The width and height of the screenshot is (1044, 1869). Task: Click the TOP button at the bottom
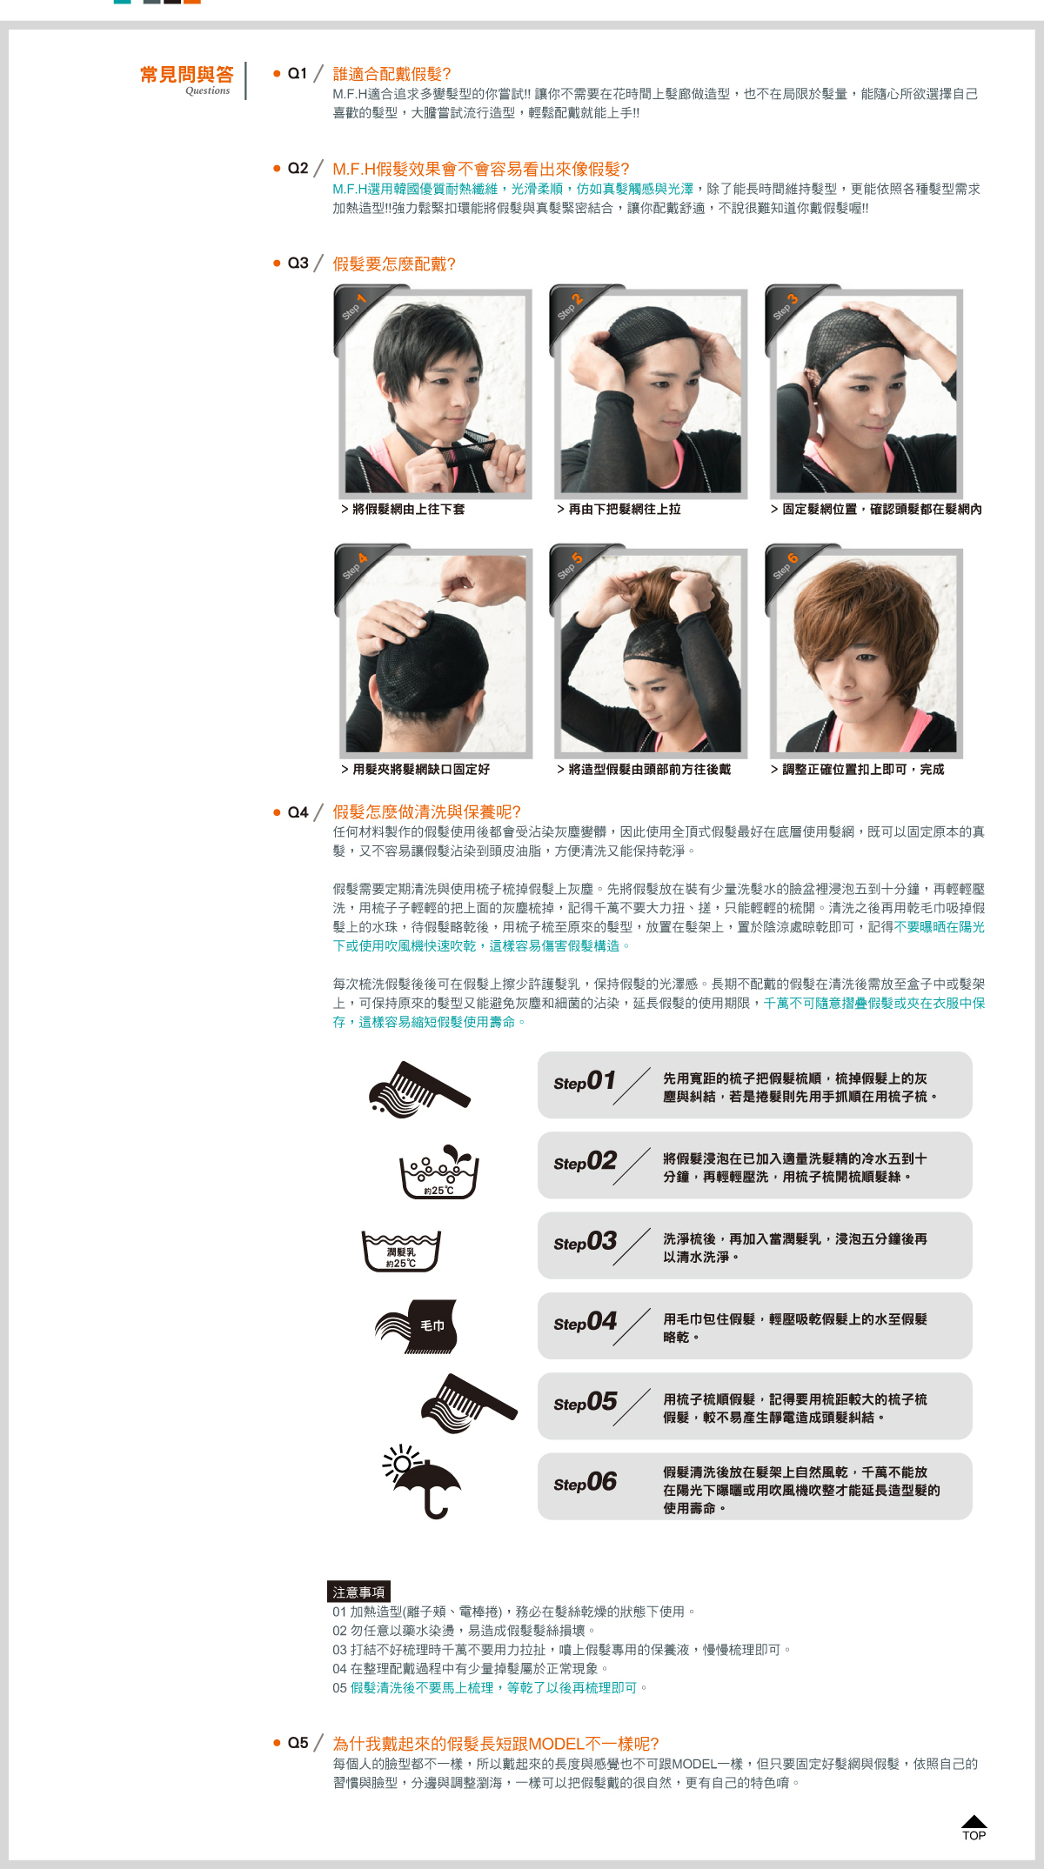coord(974,1827)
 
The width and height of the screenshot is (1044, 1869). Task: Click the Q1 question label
coord(298,74)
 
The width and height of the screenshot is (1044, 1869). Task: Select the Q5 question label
coord(298,1743)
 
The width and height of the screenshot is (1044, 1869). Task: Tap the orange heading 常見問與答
coord(187,75)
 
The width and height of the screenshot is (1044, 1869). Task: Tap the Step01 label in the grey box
coord(585,1081)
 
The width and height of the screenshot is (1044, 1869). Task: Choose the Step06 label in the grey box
coord(585,1482)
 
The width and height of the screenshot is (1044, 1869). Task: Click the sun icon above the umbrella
coord(401,1464)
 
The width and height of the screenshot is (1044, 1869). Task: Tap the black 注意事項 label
coord(358,1592)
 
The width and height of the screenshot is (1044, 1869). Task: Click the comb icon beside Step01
coord(418,1090)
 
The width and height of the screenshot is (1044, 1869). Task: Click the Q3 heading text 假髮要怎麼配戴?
coord(394,264)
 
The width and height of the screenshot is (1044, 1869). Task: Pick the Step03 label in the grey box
coord(585,1242)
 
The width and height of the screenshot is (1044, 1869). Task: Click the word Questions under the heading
coord(208,90)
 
